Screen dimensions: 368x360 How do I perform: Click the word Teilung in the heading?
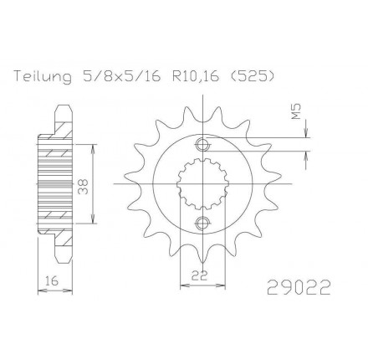point(43,77)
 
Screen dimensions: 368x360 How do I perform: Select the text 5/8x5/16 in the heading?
point(121,77)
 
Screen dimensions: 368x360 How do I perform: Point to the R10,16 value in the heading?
point(196,77)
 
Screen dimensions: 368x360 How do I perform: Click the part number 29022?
point(299,287)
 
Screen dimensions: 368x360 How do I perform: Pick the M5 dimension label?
point(296,111)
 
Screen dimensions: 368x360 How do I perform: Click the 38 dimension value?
point(84,186)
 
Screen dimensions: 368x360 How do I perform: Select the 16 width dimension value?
point(52,280)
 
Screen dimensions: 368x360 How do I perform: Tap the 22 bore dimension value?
point(200,275)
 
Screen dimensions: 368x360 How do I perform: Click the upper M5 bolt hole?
point(202,144)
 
